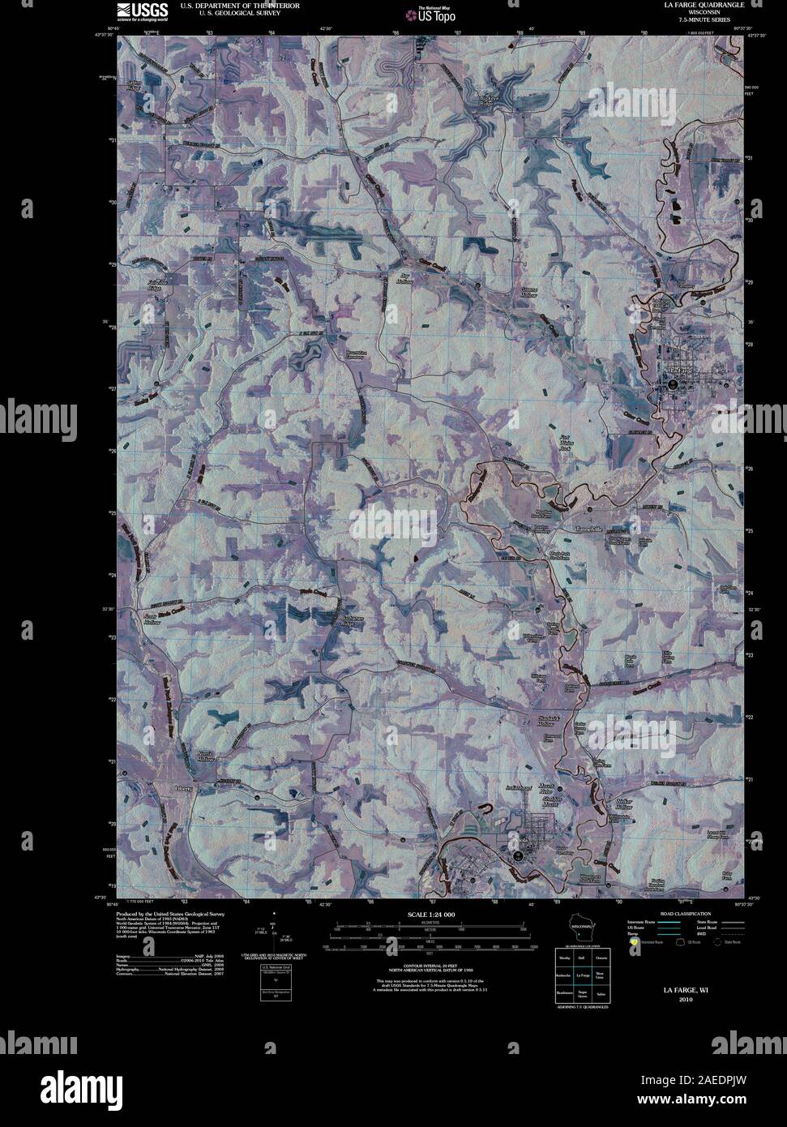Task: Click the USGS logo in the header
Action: tap(142, 11)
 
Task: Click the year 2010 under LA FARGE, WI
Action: tap(686, 1000)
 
